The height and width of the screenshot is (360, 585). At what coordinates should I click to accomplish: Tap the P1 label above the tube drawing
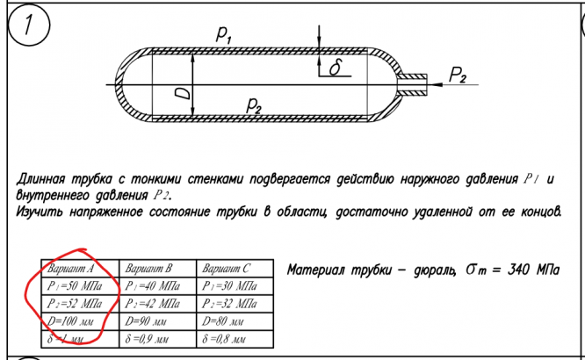pos(223,35)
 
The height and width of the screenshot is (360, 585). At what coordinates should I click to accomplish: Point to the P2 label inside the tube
pos(254,106)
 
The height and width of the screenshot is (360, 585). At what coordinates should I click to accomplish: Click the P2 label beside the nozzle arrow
pos(458,76)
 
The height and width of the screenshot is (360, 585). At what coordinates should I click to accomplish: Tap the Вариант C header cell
pos(226,267)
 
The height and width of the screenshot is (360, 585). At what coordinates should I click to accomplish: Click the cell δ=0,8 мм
pos(225,338)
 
